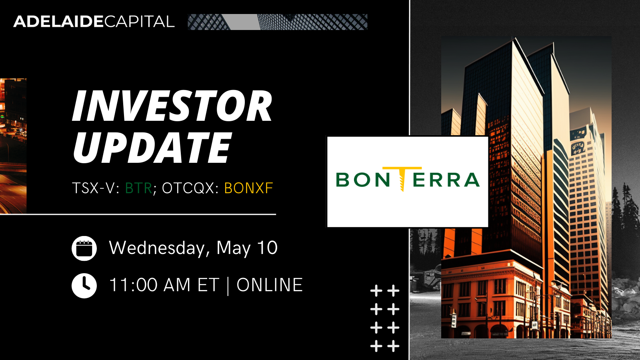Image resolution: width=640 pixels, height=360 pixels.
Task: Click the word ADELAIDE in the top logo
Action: (58, 22)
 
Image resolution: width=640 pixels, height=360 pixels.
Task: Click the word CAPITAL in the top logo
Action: (139, 22)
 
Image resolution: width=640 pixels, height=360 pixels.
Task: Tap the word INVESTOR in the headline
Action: (172, 106)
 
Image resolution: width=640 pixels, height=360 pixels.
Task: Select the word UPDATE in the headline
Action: (152, 148)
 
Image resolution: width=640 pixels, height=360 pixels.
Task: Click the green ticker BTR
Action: (139, 188)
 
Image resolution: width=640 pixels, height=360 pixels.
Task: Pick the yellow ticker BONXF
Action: (248, 188)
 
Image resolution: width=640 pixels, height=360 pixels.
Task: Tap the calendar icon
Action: (84, 248)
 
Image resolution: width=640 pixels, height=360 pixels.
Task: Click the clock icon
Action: (84, 286)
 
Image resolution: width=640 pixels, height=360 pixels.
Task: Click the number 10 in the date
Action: (268, 248)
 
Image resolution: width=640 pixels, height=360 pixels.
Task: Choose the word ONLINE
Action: (270, 285)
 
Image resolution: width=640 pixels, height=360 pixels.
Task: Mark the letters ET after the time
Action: (208, 285)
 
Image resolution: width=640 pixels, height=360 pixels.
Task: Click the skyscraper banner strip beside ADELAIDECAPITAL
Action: (278, 22)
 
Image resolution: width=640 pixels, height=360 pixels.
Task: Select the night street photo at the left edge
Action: (13, 146)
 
